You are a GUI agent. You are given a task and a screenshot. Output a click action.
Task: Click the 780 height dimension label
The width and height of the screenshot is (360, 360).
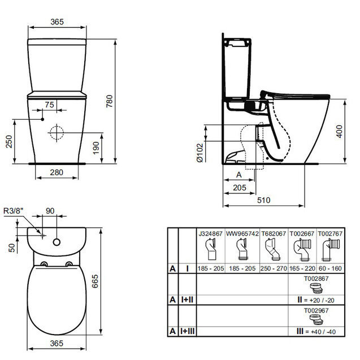[110, 101]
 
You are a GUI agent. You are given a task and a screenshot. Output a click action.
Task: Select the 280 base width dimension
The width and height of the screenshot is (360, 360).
[57, 172]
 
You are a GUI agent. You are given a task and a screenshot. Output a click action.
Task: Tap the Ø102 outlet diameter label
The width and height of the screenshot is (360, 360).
[200, 153]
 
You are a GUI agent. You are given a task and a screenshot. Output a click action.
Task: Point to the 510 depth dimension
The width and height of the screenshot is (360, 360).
[263, 200]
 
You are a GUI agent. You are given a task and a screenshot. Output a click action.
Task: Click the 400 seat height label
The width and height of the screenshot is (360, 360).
[339, 131]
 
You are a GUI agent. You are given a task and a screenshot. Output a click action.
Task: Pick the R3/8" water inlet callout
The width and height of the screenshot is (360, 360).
[14, 211]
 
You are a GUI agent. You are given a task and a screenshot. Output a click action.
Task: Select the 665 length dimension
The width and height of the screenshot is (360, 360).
[95, 281]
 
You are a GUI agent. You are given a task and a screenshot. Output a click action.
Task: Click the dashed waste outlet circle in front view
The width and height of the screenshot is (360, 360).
[57, 133]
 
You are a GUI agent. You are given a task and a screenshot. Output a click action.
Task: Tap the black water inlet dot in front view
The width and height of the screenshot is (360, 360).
[42, 119]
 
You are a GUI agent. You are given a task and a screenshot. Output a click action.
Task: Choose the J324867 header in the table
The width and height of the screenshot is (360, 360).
[211, 234]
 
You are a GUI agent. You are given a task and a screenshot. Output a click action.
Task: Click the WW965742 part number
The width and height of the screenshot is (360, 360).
[242, 234]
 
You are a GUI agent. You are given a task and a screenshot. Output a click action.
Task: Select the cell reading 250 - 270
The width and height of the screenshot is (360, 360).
[274, 268]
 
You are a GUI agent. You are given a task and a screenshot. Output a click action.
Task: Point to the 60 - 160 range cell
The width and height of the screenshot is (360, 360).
[330, 268]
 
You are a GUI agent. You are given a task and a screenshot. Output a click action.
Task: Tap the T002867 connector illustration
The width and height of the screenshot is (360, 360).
[316, 288]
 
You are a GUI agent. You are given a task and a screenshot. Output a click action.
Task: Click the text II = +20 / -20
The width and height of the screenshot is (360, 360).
[316, 300]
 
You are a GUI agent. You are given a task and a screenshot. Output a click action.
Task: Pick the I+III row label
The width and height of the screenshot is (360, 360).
[188, 331]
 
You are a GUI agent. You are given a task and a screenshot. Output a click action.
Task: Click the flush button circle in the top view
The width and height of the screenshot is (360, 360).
[57, 242]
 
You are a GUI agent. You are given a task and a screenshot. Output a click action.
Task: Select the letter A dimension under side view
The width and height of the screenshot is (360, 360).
[238, 175]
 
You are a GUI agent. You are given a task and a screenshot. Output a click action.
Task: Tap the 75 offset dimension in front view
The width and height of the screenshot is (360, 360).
[49, 105]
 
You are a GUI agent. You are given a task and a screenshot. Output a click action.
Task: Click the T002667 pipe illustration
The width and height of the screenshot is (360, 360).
[302, 250]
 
